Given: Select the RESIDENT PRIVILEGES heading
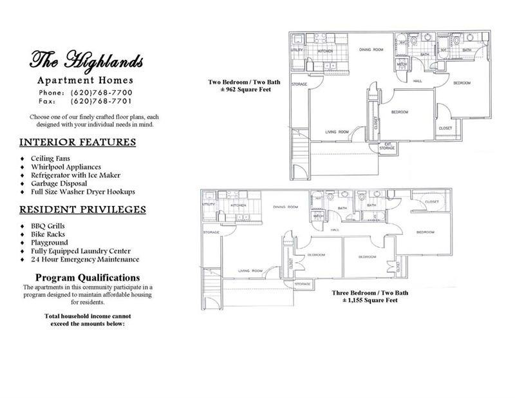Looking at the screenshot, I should (82, 209).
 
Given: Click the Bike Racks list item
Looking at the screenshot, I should (48, 234).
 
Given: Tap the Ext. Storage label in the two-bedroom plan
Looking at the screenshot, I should (386, 146).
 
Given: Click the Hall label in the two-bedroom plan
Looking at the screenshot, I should (417, 81).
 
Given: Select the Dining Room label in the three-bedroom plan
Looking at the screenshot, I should (285, 207).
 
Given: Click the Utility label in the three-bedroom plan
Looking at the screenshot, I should (209, 204).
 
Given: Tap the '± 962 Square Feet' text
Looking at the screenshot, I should (239, 90).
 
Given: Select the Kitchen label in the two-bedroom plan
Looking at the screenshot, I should (324, 50).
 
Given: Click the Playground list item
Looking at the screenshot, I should (50, 243).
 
